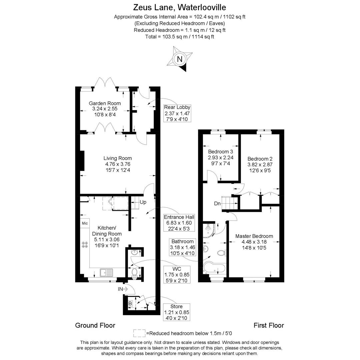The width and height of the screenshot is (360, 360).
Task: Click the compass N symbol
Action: [x=180, y=59]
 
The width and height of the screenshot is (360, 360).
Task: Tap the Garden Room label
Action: [x=105, y=103]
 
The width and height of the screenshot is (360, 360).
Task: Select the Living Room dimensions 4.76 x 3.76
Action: [x=117, y=164]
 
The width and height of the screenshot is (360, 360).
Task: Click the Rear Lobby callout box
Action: [x=177, y=113]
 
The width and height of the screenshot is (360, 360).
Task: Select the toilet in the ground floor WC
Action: [x=135, y=272]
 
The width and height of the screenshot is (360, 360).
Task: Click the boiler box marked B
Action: [x=130, y=304]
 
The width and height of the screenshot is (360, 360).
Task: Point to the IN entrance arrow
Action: [x=123, y=289]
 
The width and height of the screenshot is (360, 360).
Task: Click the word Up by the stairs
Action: [x=143, y=202]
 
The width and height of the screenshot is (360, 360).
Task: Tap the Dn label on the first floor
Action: [x=217, y=203]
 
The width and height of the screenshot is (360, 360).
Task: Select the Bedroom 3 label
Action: [x=220, y=151]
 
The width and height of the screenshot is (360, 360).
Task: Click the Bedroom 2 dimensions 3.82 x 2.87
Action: [x=260, y=165]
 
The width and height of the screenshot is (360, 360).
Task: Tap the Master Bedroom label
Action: [x=254, y=236]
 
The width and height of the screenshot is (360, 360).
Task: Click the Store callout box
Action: [x=176, y=312]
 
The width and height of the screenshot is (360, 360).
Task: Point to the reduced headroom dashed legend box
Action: [x=139, y=333]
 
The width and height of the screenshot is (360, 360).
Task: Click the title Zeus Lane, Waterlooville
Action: [x=180, y=7]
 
